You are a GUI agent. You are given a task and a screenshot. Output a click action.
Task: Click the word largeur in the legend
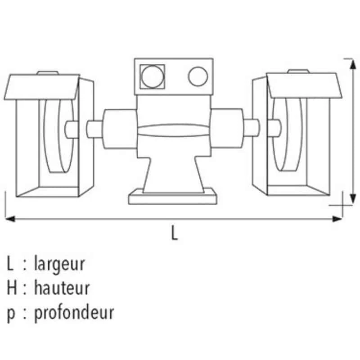pos(59,264)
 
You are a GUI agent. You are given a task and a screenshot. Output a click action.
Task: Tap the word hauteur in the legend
pos(62,288)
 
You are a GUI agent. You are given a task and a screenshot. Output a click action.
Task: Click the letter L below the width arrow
pos(175,233)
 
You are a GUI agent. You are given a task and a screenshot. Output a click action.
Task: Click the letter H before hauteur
pos(12,288)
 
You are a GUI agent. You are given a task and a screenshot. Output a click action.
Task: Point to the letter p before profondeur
pos(11,313)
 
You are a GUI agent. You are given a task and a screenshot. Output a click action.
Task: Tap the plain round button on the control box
pos(198,76)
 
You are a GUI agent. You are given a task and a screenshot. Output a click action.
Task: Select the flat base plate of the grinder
pos(174,198)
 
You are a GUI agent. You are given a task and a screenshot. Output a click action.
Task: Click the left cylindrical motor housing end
pos(119,128)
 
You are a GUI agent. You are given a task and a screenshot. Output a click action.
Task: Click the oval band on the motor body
pos(173,130)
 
